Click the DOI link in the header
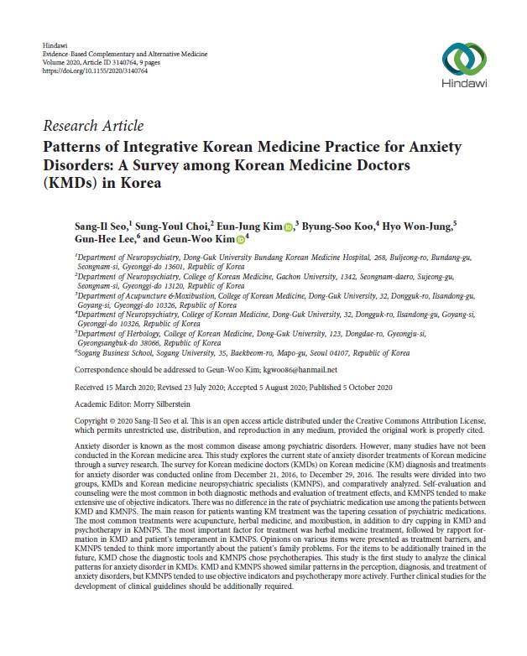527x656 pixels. (x=94, y=70)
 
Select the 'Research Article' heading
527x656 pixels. (x=92, y=126)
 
